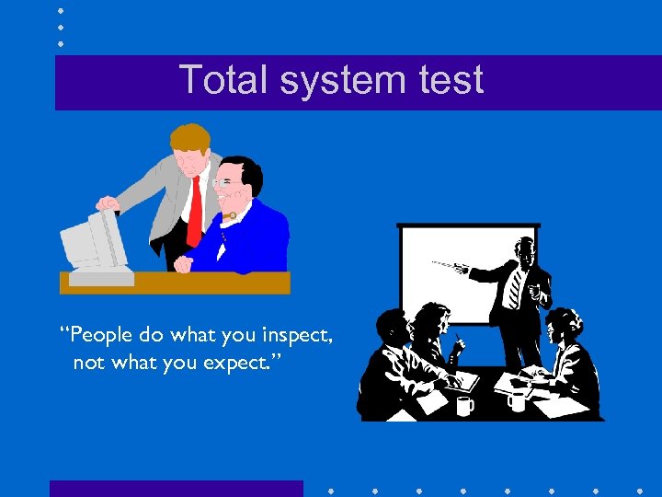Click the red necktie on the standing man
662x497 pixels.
194,212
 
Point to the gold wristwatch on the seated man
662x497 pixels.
233,216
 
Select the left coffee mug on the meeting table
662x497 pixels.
465,406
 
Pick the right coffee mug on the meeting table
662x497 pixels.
517,401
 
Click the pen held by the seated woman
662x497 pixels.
457,342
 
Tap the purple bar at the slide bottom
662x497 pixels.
176,488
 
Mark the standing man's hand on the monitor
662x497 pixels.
108,203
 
